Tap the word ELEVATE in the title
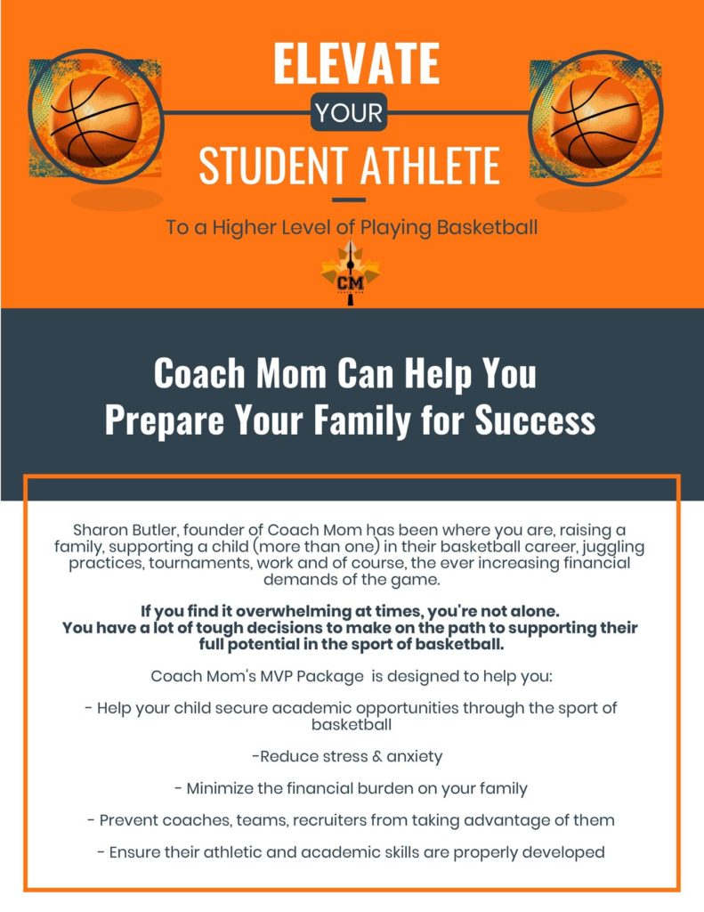click(356, 64)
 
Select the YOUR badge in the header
click(349, 112)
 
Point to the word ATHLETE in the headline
click(430, 166)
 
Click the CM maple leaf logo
click(350, 273)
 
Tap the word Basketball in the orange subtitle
click(487, 227)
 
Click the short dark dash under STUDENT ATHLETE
click(349, 200)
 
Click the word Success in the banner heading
click(535, 420)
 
